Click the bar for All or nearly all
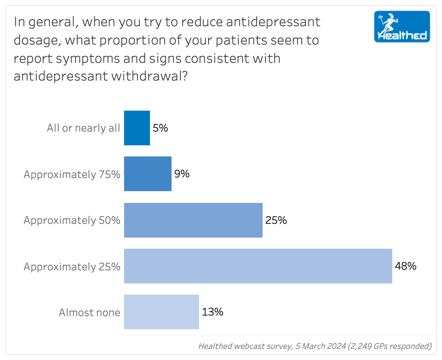tap(137, 128)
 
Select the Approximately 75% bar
tap(148, 174)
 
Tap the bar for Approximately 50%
tap(193, 220)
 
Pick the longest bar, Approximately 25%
tap(258, 266)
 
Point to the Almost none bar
tap(161, 312)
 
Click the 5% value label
tap(160, 128)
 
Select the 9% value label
tap(182, 174)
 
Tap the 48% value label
tap(406, 266)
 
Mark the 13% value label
tap(212, 312)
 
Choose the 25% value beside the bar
tap(276, 220)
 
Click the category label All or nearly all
tap(83, 128)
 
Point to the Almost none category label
tap(89, 313)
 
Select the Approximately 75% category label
tap(72, 174)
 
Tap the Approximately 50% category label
tap(72, 220)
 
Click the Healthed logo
tap(402, 27)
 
